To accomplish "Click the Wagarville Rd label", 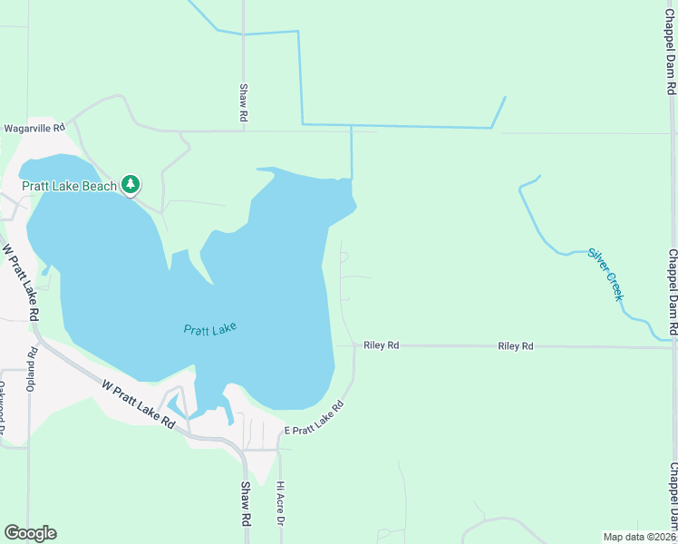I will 34,129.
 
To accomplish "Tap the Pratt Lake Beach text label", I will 70,186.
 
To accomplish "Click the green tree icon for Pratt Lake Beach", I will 131,185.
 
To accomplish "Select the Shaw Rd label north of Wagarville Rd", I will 244,102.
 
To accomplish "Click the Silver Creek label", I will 606,274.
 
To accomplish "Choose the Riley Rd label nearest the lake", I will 381,345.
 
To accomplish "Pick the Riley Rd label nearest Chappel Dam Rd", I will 515,345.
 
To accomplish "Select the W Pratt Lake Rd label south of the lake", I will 138,404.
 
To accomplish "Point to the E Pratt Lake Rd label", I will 315,421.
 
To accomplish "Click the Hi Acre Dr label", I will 281,503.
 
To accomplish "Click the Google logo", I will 30,533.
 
